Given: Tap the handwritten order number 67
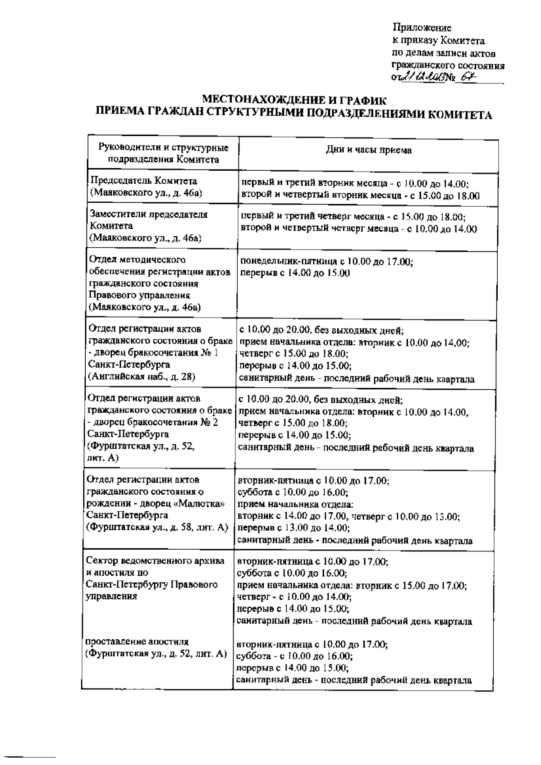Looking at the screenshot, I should point(469,78).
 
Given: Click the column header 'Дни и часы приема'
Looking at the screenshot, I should point(368,150).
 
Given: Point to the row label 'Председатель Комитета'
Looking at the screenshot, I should point(144,181).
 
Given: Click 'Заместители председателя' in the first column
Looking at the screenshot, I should point(149,214).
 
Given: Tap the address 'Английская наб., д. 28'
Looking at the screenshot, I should point(142,376).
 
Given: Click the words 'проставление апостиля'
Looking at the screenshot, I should point(137,642).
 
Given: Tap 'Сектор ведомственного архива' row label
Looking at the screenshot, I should point(155,561).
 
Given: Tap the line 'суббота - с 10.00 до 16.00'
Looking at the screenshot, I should point(295,656).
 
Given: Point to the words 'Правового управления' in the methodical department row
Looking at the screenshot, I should point(139,296).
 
